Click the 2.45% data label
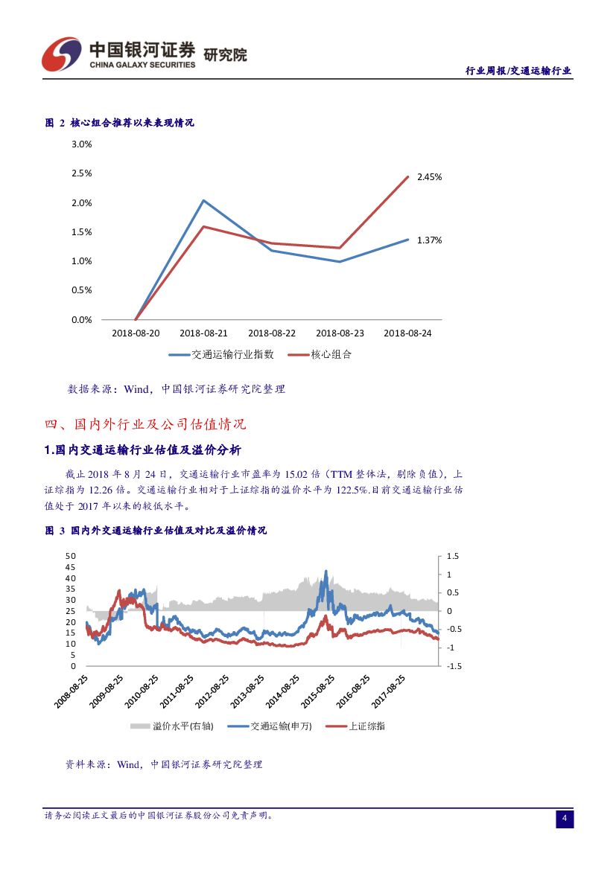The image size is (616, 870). point(429,177)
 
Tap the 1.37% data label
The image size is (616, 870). point(429,240)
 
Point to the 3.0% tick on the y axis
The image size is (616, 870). point(81,144)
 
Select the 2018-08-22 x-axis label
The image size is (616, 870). point(271,333)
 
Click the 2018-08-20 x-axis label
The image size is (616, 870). point(135,333)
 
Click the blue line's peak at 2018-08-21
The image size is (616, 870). point(203,200)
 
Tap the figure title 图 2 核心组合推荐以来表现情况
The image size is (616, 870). point(120,123)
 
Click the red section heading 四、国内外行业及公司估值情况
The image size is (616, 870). point(145,425)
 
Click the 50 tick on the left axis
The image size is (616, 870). point(71,556)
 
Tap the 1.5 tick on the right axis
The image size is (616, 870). point(453,556)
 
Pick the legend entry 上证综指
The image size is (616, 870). point(366,726)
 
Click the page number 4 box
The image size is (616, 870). point(564,819)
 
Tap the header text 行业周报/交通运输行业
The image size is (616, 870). point(518,71)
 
